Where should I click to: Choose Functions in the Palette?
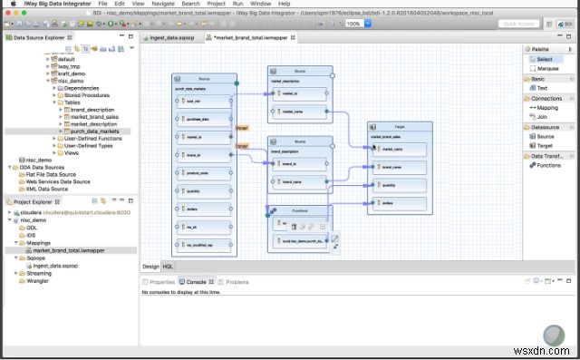(x=549, y=165)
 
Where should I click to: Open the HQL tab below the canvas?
(x=168, y=267)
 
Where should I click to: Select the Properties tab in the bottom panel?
(x=160, y=282)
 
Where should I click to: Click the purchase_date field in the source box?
(x=199, y=120)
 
